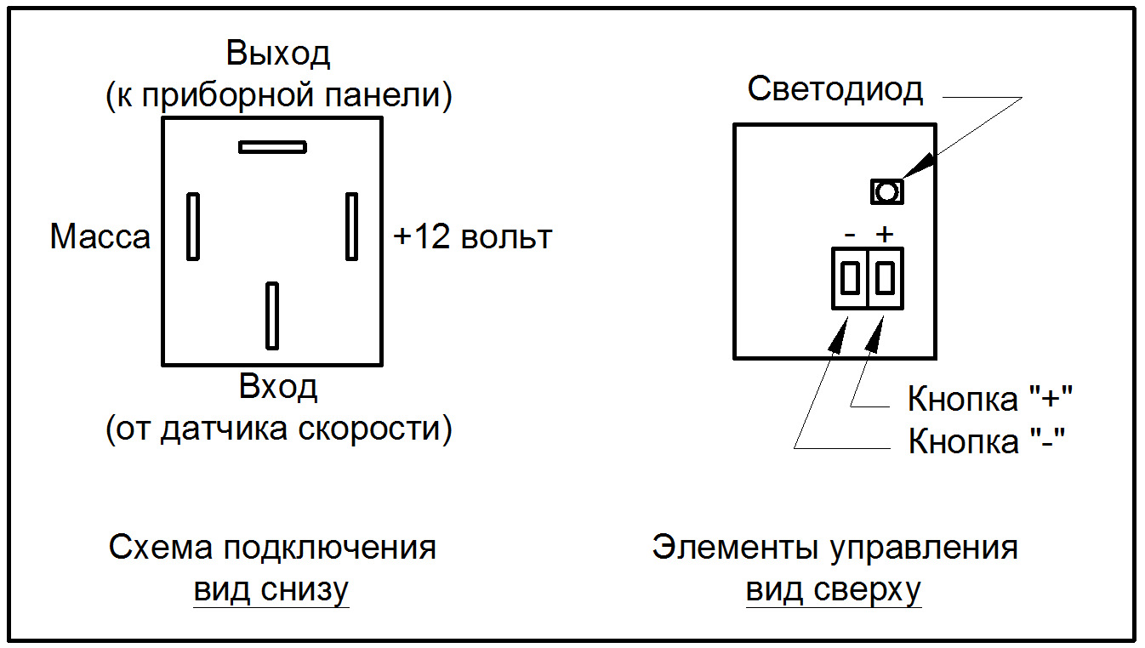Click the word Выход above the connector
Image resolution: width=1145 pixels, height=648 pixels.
278,54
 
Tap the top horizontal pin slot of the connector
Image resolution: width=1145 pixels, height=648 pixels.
272,147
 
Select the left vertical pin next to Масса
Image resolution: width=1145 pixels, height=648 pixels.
192,226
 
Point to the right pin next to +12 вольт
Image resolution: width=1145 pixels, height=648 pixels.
351,226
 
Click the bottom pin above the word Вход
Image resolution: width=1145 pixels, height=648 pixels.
272,315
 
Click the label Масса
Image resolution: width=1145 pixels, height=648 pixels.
100,236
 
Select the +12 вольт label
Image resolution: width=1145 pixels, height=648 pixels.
473,236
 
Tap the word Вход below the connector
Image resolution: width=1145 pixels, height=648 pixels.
278,387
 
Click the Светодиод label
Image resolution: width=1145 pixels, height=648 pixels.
835,89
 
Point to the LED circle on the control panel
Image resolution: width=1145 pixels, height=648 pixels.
886,192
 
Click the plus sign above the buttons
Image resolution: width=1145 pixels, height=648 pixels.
886,234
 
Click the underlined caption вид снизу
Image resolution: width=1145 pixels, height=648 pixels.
271,589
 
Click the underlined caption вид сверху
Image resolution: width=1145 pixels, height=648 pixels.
833,589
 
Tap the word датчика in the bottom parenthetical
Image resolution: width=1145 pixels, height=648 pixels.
229,430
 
